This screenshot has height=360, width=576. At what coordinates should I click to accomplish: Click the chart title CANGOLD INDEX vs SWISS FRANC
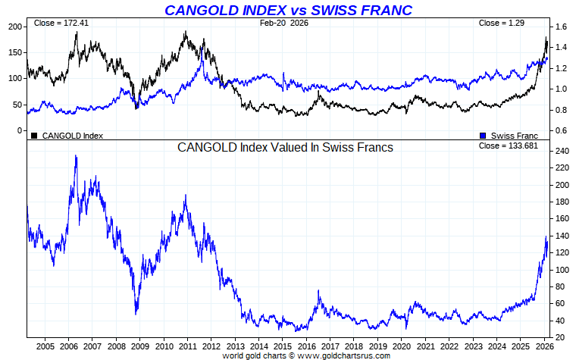[x=289, y=10]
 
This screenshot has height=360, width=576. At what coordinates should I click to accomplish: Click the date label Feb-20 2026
[x=284, y=23]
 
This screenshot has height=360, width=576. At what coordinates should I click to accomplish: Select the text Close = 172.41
[x=61, y=23]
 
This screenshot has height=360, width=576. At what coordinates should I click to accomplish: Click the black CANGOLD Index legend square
[x=34, y=136]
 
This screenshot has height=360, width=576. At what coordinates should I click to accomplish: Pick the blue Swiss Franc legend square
[x=484, y=136]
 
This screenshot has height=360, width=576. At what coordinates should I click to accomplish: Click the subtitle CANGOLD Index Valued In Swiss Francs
[x=285, y=148]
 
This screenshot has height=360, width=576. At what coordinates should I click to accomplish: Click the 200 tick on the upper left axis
[x=14, y=27]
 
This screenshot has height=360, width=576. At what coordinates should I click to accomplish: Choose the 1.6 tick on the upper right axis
[x=561, y=27]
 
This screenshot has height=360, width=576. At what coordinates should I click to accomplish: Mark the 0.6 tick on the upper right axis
[x=561, y=130]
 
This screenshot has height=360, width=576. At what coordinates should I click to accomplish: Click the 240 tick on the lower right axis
[x=562, y=151]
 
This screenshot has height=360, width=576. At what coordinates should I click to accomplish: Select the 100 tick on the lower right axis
[x=562, y=270]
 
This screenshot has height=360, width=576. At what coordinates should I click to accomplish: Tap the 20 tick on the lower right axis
[x=561, y=337]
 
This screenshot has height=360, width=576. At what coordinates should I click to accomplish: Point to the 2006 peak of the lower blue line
[x=75, y=155]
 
